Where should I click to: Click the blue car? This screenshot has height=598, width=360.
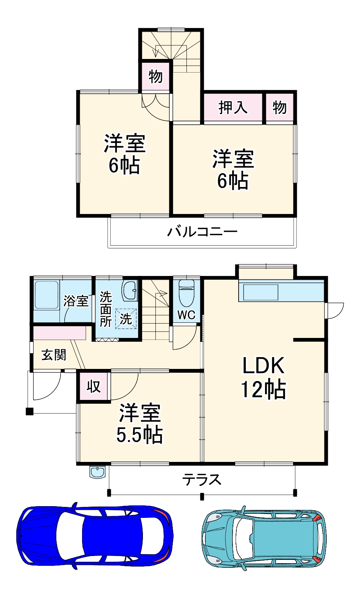pyautogui.click(x=95, y=535)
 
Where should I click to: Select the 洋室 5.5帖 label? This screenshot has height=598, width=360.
pyautogui.click(x=140, y=423)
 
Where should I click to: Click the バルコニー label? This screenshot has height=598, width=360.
pyautogui.click(x=202, y=231)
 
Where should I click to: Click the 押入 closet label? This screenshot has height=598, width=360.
pyautogui.click(x=233, y=108)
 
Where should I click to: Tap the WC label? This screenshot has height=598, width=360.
pyautogui.click(x=186, y=314)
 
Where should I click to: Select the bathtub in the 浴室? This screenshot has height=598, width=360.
pyautogui.click(x=46, y=295)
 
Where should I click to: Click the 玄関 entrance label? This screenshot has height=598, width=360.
pyautogui.click(x=54, y=355)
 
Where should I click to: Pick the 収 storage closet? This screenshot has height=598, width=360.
pyautogui.click(x=93, y=386)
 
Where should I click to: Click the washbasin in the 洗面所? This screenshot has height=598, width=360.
pyautogui.click(x=129, y=290)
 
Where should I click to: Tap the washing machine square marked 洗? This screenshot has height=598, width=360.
pyautogui.click(x=126, y=319)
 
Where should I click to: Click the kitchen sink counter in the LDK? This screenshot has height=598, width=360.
pyautogui.click(x=261, y=292)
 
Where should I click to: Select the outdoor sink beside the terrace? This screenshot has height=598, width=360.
pyautogui.click(x=98, y=472)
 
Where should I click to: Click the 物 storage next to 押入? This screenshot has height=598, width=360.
pyautogui.click(x=279, y=108)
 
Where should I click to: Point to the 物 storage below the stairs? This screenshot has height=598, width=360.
pyautogui.click(x=155, y=76)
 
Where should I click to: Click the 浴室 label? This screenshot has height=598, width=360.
pyautogui.click(x=76, y=301)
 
